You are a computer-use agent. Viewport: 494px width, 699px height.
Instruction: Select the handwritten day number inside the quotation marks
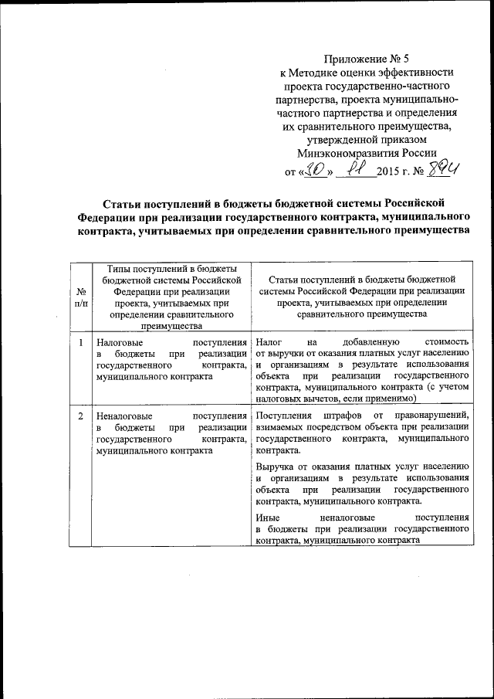(x=315, y=169)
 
